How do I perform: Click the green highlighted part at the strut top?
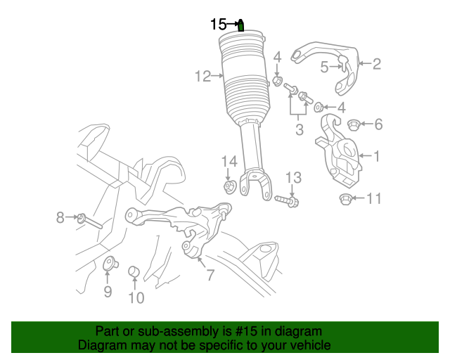[x=241, y=26]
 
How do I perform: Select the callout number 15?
[x=219, y=25]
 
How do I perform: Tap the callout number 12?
[x=202, y=76]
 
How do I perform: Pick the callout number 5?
[x=324, y=67]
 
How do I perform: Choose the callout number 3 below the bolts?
[x=299, y=129]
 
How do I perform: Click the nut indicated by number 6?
[x=354, y=125]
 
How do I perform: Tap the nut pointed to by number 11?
[x=345, y=200]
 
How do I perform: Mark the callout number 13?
[x=292, y=176]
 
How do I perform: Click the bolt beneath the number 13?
[x=285, y=201]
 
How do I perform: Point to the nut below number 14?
[x=229, y=186]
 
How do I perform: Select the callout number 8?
[x=60, y=218]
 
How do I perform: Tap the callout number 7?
[x=210, y=275]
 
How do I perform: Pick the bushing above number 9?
[x=110, y=264]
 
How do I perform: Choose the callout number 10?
[x=136, y=298]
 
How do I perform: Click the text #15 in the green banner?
[x=240, y=331]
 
